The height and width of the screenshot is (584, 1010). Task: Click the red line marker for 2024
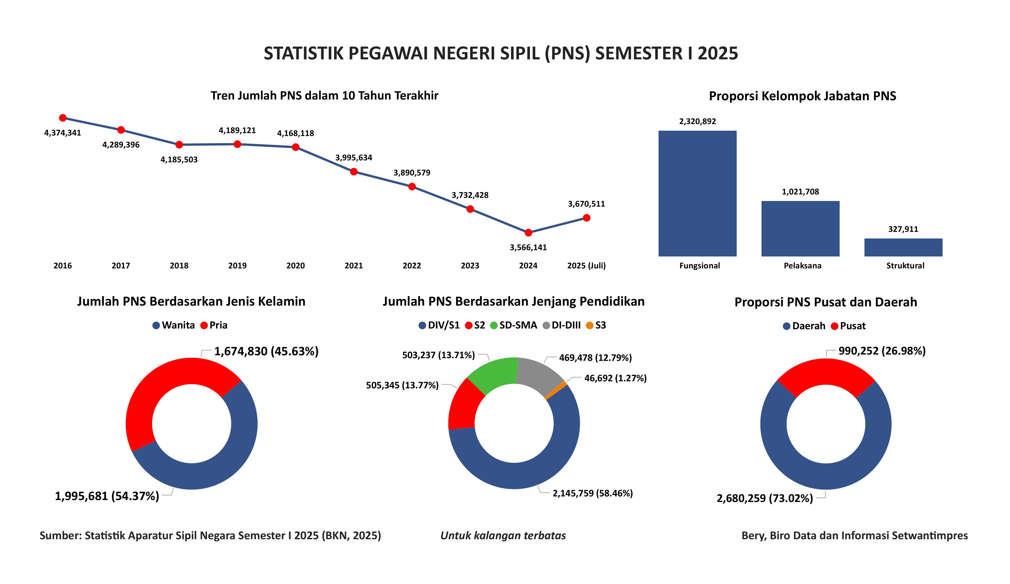(x=528, y=232)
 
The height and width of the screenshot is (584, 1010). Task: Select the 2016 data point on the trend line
(x=63, y=118)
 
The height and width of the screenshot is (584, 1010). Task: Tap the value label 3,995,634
(x=353, y=157)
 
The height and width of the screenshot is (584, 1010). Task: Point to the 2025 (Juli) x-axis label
(x=586, y=265)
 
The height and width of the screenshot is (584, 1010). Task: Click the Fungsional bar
(x=697, y=193)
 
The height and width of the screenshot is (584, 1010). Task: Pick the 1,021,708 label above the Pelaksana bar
(x=800, y=192)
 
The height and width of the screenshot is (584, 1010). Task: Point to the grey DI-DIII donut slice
(x=537, y=373)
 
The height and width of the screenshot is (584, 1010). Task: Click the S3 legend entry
(x=596, y=325)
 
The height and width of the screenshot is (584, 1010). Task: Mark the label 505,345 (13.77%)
(x=402, y=385)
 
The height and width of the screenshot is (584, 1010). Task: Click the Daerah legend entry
(x=804, y=326)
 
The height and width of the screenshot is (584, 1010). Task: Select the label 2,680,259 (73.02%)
(x=765, y=498)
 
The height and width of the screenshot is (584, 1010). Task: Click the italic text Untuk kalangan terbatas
(x=503, y=536)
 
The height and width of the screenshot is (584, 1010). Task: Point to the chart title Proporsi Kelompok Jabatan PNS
(x=802, y=96)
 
